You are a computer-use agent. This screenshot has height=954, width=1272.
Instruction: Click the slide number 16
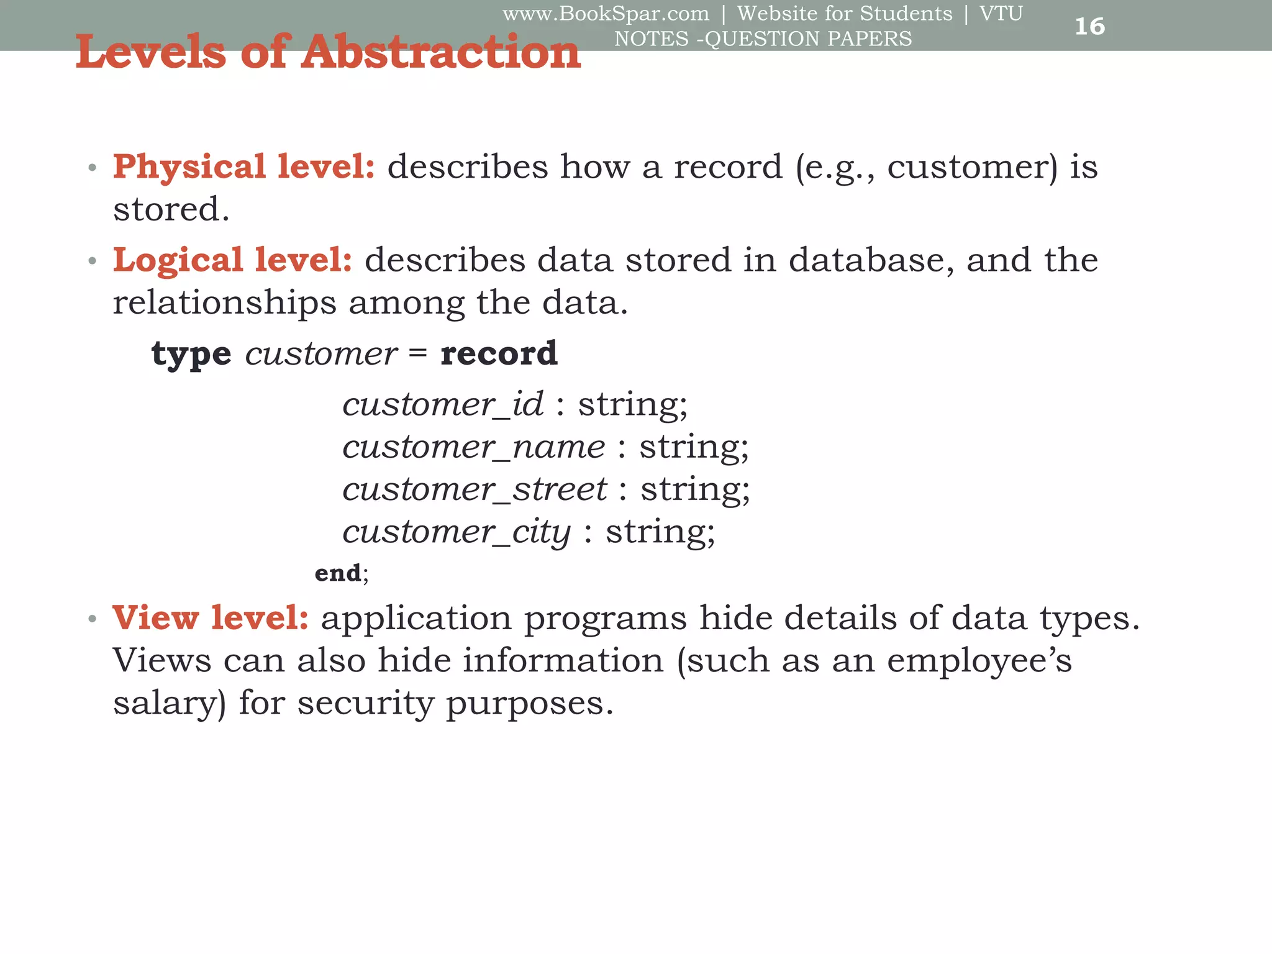pos(1089,26)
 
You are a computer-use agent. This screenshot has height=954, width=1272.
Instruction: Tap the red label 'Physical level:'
pos(243,166)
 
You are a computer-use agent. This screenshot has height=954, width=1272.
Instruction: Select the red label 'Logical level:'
pos(232,260)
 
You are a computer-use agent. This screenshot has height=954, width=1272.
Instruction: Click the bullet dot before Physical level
pos(93,168)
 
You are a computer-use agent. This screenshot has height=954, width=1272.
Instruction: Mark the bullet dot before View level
pos(93,619)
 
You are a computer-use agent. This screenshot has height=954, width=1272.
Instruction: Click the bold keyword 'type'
pos(191,354)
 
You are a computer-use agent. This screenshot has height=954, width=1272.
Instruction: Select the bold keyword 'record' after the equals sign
pos(499,353)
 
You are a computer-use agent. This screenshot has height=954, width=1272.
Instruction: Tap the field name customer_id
pos(443,404)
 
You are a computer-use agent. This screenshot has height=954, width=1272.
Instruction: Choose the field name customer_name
pos(473,447)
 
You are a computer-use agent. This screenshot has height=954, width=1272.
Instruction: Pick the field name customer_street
pos(475,489)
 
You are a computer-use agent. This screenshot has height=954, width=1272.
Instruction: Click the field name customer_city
pos(457,532)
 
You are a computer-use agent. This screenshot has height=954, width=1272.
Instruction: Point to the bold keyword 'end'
pos(337,573)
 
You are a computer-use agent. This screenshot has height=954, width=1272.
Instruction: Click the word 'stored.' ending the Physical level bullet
pos(171,209)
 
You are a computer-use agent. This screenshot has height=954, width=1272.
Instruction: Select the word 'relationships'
pos(224,303)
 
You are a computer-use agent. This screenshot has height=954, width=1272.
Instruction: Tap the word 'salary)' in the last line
pos(170,703)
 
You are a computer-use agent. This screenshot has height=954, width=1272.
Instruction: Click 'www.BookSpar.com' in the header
pos(606,13)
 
